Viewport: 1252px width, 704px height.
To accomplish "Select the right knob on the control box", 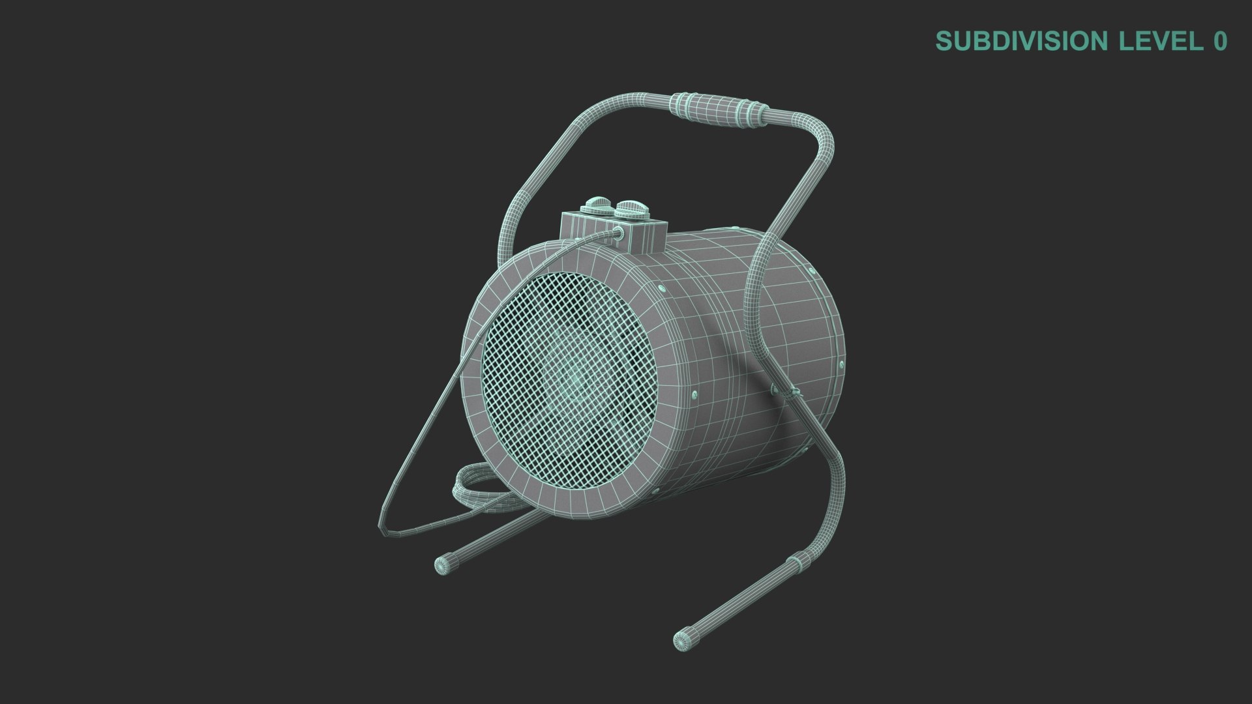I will point(631,210).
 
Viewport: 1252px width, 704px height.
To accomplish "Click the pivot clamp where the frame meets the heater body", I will point(786,391).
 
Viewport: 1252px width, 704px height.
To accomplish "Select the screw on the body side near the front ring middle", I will point(694,394).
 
